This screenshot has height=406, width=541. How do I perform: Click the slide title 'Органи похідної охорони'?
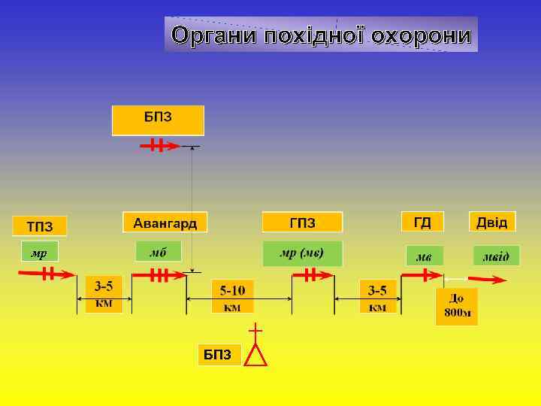321,35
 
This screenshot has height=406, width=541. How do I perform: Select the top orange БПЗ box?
158,120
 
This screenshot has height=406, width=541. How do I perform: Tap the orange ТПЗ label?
40,226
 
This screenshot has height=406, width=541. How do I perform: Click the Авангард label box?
165,223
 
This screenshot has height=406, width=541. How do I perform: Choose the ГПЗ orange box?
302,223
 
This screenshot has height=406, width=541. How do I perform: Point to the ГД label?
422,222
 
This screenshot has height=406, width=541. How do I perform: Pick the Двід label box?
492,222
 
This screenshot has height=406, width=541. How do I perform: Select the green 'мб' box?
158,252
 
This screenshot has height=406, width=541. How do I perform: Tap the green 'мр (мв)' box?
302,253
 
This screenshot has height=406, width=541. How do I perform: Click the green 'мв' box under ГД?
425,256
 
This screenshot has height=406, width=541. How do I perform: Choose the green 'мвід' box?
496,256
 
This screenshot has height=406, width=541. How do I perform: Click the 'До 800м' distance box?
456,307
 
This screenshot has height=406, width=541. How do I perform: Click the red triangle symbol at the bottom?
256,354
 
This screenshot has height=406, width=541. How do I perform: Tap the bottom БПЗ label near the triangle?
219,355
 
